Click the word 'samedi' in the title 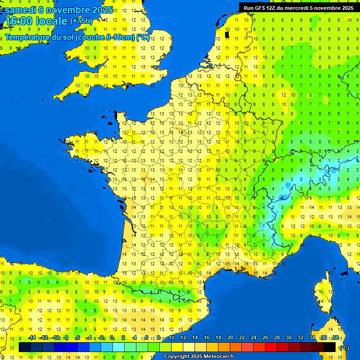click(x=20, y=10)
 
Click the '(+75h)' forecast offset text click(x=81, y=21)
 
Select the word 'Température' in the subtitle click(x=28, y=37)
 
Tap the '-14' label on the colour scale click(x=32, y=337)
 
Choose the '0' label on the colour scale click(x=112, y=337)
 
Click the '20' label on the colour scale click(x=230, y=337)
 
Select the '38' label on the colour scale click(x=335, y=337)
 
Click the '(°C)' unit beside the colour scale click(x=344, y=347)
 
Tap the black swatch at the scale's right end click(x=330, y=347)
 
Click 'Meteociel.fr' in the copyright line click(x=219, y=357)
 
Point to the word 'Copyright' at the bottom click(x=177, y=357)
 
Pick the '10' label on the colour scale click(x=171, y=337)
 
